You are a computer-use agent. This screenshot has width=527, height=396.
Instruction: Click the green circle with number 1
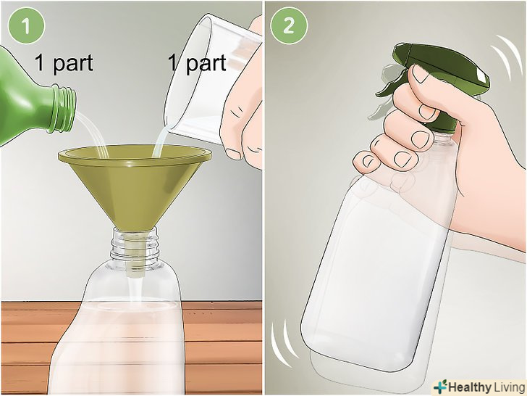coord(27,26)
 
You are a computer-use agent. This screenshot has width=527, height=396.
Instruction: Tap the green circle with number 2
coord(289,26)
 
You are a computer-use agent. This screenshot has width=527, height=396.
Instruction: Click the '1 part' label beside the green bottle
coord(64,63)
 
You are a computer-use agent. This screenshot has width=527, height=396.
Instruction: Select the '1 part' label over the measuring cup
coord(197,63)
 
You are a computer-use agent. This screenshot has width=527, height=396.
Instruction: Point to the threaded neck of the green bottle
coord(64,109)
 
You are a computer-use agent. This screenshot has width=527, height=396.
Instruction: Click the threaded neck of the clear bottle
coord(135,245)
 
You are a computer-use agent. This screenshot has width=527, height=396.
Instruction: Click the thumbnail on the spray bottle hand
coord(421,74)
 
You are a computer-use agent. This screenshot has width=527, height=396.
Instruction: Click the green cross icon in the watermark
coord(440,387)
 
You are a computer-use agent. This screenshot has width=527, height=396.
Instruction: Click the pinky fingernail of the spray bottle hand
coord(368,161)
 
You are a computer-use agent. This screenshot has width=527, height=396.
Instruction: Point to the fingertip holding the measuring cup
coord(233,153)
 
